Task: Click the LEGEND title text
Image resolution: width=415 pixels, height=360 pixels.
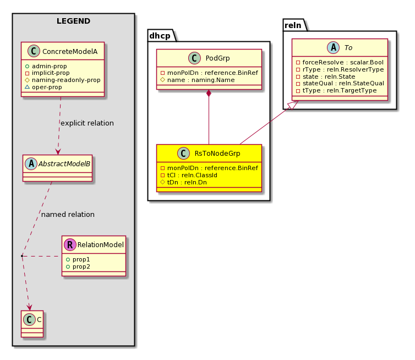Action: pos(73,21)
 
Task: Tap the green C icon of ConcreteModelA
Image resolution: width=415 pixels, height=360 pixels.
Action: pos(34,51)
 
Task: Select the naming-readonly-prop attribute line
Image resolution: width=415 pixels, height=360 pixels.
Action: pos(63,80)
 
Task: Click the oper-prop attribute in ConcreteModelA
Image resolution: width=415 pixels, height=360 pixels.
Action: pos(43,87)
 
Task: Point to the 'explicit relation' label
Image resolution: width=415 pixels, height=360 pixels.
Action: pos(87,123)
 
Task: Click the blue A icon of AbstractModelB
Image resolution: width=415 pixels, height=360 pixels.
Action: pos(31,164)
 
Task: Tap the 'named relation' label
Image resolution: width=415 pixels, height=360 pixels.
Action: pos(68,215)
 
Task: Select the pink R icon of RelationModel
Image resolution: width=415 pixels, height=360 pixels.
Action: pos(70,244)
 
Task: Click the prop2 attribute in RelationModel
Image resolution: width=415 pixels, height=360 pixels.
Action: pos(78,266)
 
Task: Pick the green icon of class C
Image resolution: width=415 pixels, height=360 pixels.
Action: pos(29,319)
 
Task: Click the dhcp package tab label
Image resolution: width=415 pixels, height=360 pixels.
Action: pos(160,36)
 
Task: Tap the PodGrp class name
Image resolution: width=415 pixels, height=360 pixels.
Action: pos(217,58)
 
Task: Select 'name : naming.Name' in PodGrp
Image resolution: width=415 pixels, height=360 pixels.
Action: pos(198,80)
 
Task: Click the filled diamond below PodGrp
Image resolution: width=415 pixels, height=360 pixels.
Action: pos(209,93)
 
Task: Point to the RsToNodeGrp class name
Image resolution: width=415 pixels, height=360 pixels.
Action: pos(217,153)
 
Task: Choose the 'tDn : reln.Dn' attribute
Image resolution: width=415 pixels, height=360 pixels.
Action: pos(184,182)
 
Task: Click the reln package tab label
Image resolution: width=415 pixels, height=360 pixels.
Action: pos(293,25)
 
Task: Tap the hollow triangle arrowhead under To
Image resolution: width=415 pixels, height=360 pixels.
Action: pos(293,105)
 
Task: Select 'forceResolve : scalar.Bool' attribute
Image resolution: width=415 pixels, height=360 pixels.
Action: pos(340,62)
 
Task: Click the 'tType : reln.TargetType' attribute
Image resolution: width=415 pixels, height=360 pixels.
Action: pos(336,90)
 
